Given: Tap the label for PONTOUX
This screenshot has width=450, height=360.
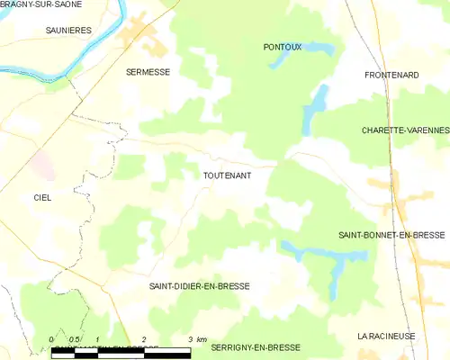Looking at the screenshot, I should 282,46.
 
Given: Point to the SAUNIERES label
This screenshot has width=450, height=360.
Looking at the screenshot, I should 68,30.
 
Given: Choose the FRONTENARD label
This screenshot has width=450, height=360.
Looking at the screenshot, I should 391,75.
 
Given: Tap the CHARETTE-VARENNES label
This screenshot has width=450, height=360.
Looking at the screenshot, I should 404,130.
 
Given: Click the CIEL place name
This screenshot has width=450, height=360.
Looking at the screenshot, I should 42,197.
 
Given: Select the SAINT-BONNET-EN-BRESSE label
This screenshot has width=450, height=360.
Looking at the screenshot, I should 391,235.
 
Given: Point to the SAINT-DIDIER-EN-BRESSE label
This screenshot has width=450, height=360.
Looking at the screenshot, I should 199,286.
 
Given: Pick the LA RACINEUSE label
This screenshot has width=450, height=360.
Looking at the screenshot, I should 386,336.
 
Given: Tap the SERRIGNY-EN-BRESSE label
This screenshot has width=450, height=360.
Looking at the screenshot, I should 256,346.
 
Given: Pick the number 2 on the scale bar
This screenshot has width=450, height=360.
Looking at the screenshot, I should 144,338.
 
